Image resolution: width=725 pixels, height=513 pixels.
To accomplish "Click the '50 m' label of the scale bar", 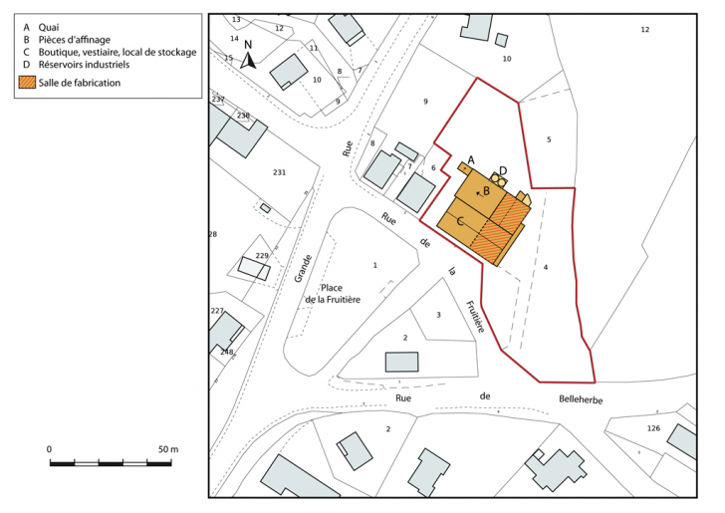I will tap(166, 450).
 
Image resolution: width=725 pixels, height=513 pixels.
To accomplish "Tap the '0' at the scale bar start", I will tap(50, 450).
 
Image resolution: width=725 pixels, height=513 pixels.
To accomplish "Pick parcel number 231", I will tap(279, 173).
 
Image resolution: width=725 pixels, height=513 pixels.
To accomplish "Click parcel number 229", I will tap(262, 257).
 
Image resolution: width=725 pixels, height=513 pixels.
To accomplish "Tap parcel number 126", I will tap(653, 428).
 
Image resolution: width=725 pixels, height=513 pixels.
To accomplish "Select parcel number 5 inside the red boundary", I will tap(549, 140).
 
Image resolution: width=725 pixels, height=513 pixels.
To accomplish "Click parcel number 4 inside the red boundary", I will tap(546, 267).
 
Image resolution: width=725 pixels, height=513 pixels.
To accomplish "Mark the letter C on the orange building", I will tap(461, 219).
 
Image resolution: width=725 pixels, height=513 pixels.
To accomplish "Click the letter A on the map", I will tap(471, 159).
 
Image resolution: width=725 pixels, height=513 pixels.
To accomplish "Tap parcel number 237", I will tap(218, 100).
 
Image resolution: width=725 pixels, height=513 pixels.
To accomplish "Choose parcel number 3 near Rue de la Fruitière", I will tap(438, 315).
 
